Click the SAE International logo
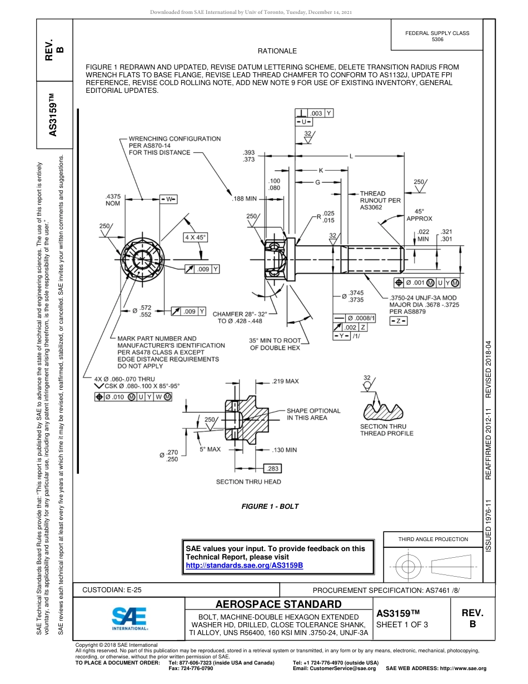(x=129, y=618)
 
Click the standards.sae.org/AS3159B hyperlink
(x=244, y=565)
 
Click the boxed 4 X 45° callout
(x=195, y=237)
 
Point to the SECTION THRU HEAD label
(x=248, y=482)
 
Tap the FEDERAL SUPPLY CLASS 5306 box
(x=437, y=36)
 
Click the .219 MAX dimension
(x=285, y=381)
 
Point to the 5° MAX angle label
(x=210, y=448)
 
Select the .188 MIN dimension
(x=244, y=199)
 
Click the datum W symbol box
(x=168, y=199)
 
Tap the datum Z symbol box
(x=397, y=321)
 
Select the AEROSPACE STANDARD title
(x=278, y=604)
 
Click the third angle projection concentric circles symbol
(x=409, y=567)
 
